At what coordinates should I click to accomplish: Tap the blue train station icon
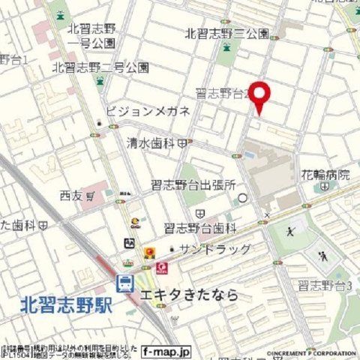click(125, 283)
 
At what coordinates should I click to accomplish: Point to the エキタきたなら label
click(187, 295)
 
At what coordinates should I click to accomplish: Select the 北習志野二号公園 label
click(100, 67)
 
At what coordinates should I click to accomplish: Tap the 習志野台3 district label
click(325, 285)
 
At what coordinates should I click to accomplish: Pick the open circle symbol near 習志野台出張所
click(242, 198)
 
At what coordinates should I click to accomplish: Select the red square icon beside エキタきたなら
click(160, 267)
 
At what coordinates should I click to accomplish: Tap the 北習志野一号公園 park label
click(91, 36)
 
